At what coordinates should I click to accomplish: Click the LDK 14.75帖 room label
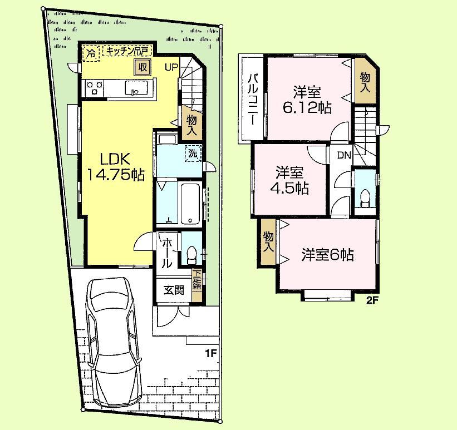tap(116, 166)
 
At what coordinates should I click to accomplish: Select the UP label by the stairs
tap(171, 68)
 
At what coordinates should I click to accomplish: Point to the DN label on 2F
tap(343, 155)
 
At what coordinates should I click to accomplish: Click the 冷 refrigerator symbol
tap(90, 53)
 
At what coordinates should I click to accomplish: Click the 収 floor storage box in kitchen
tap(142, 67)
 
